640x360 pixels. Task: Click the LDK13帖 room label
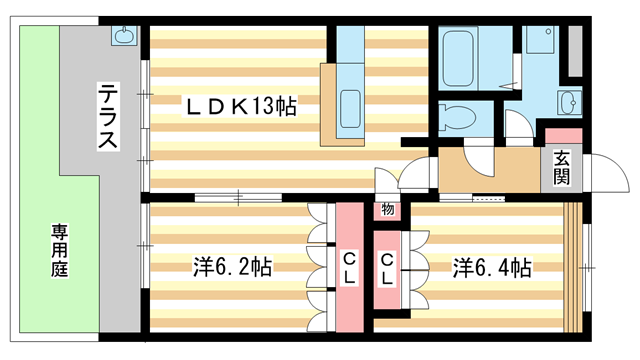click(x=241, y=107)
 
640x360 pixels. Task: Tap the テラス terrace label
click(x=108, y=116)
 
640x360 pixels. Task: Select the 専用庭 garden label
click(x=60, y=251)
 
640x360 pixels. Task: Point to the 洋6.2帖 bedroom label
click(x=232, y=267)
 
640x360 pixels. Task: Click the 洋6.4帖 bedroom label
click(x=492, y=268)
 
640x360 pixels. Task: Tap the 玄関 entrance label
click(x=562, y=167)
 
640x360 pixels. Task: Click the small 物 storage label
click(x=388, y=209)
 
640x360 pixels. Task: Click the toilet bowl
click(x=457, y=118)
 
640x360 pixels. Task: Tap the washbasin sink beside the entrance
click(x=568, y=102)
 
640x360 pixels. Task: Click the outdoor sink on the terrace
click(x=124, y=36)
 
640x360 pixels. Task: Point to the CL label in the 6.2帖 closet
click(x=349, y=268)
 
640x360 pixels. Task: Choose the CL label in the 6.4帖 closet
click(x=387, y=269)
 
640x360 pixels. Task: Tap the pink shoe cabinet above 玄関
click(x=563, y=136)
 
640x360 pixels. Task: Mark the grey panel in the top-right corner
click(x=575, y=51)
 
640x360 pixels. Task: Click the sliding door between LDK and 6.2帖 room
click(x=238, y=198)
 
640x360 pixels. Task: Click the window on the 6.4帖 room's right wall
click(x=586, y=268)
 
